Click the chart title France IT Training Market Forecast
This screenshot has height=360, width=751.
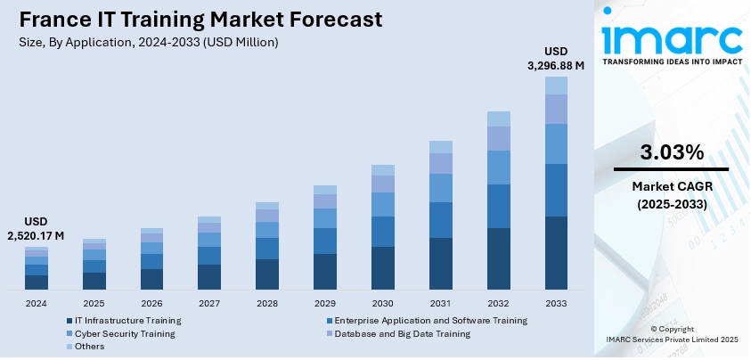coord(193,19)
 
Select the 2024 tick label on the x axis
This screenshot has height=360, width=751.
coord(37,303)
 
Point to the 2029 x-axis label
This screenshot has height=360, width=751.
coord(325,303)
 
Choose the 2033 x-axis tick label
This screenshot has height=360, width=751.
coord(556,303)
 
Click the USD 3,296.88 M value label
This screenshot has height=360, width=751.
coord(554,57)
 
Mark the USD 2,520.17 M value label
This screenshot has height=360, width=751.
coord(37,228)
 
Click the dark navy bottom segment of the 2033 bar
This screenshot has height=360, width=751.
coord(556,253)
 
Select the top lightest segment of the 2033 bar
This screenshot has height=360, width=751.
coord(556,85)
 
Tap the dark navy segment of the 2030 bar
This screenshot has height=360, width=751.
coord(382,268)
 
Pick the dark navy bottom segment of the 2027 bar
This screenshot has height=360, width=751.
coord(209,277)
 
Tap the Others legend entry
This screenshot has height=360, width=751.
coord(89,346)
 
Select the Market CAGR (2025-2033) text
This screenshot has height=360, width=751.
coord(670,195)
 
